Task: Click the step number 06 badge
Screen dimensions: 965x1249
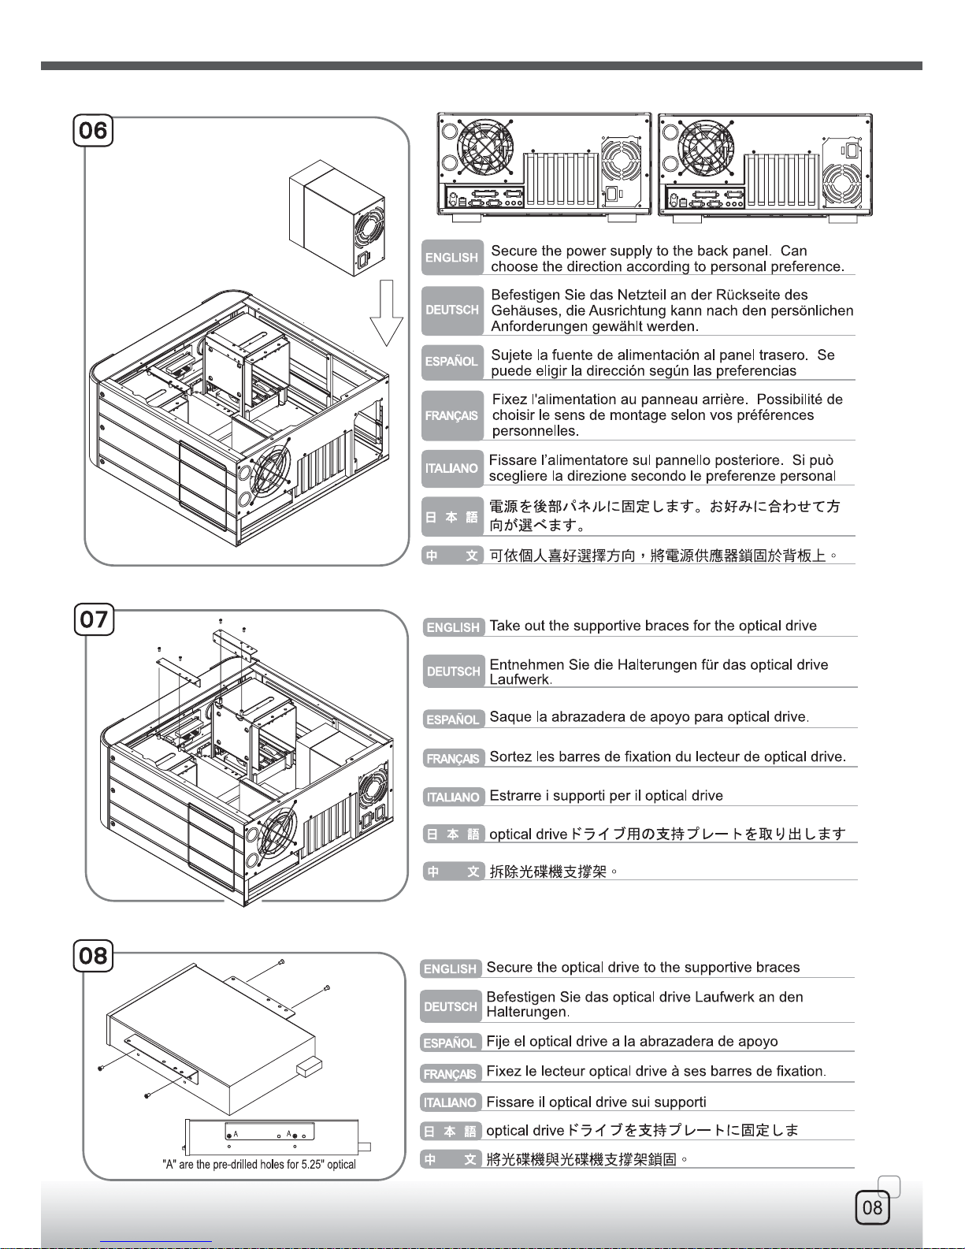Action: coord(93,130)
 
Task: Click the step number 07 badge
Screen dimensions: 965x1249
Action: coord(94,619)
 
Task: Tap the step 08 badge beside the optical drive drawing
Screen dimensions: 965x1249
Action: coord(93,956)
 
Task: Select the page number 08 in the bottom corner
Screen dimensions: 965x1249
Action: coord(873,1208)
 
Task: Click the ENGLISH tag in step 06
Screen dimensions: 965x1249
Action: coord(452,258)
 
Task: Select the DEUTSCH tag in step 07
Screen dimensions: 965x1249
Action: coord(453,671)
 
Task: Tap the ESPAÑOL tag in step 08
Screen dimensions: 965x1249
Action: coord(450,1043)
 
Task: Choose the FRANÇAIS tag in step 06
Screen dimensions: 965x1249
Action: coord(452,415)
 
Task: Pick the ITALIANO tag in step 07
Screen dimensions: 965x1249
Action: coord(453,797)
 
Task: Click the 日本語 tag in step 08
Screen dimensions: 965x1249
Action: coord(450,1132)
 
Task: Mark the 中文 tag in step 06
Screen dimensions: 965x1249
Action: coord(452,556)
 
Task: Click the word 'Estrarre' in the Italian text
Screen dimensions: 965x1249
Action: coord(515,796)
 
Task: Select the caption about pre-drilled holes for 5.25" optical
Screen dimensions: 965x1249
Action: coord(258,1165)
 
